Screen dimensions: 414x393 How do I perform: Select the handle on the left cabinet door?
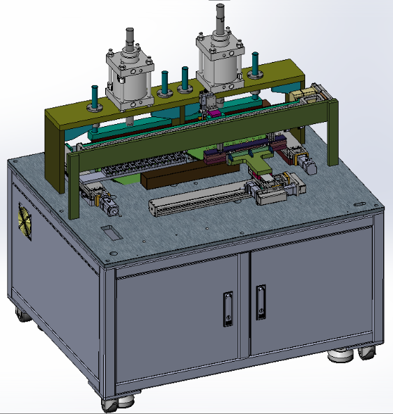click(x=226, y=306)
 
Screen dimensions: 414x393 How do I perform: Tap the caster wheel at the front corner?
click(x=110, y=403)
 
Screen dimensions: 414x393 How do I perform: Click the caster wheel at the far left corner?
click(x=23, y=315)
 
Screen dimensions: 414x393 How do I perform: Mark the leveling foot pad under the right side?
click(x=340, y=356)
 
